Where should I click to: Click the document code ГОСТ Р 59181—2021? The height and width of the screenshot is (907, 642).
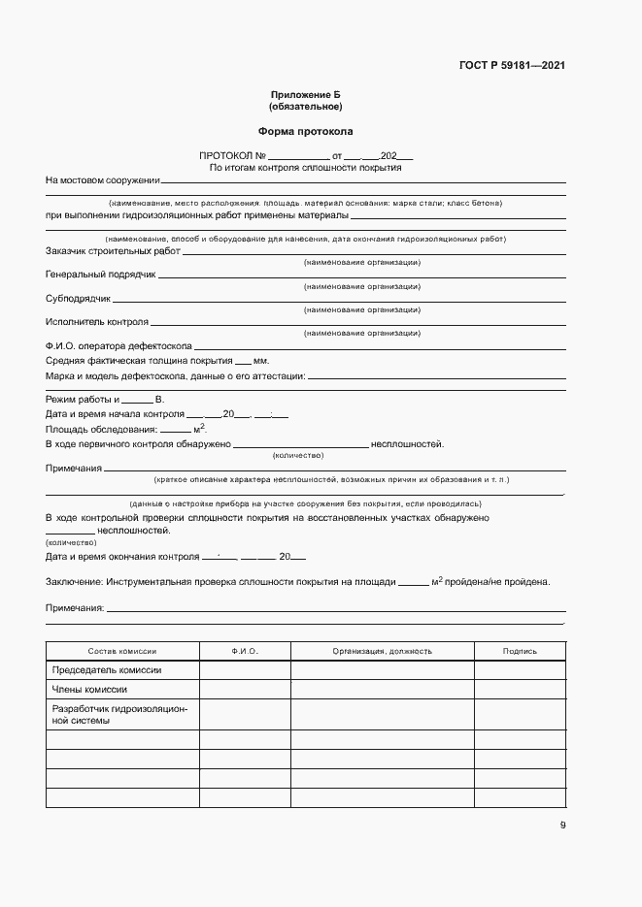point(511,66)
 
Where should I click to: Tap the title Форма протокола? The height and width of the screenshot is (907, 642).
point(305,131)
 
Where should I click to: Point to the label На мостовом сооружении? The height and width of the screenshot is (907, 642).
point(102,180)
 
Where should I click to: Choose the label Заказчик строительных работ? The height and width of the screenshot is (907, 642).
point(113,251)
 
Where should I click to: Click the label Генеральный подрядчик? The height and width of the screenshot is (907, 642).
point(101,275)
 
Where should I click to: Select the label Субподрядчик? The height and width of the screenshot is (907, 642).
point(79,298)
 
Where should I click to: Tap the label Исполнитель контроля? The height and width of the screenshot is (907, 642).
point(97,322)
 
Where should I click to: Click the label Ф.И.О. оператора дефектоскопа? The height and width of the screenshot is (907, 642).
point(118,345)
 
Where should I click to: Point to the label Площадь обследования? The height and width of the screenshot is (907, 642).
point(101,429)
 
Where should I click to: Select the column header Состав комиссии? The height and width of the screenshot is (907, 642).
point(122,651)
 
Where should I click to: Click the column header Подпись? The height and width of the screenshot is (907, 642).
point(520,651)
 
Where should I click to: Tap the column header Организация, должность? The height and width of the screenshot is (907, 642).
point(382,651)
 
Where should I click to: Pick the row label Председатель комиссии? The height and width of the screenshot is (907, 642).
point(107,670)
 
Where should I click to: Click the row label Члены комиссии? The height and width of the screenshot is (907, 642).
point(88,690)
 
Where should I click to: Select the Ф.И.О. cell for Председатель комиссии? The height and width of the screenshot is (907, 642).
point(245,670)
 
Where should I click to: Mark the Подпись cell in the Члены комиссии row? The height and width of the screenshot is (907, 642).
point(520,690)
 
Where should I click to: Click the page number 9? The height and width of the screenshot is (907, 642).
point(562,826)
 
